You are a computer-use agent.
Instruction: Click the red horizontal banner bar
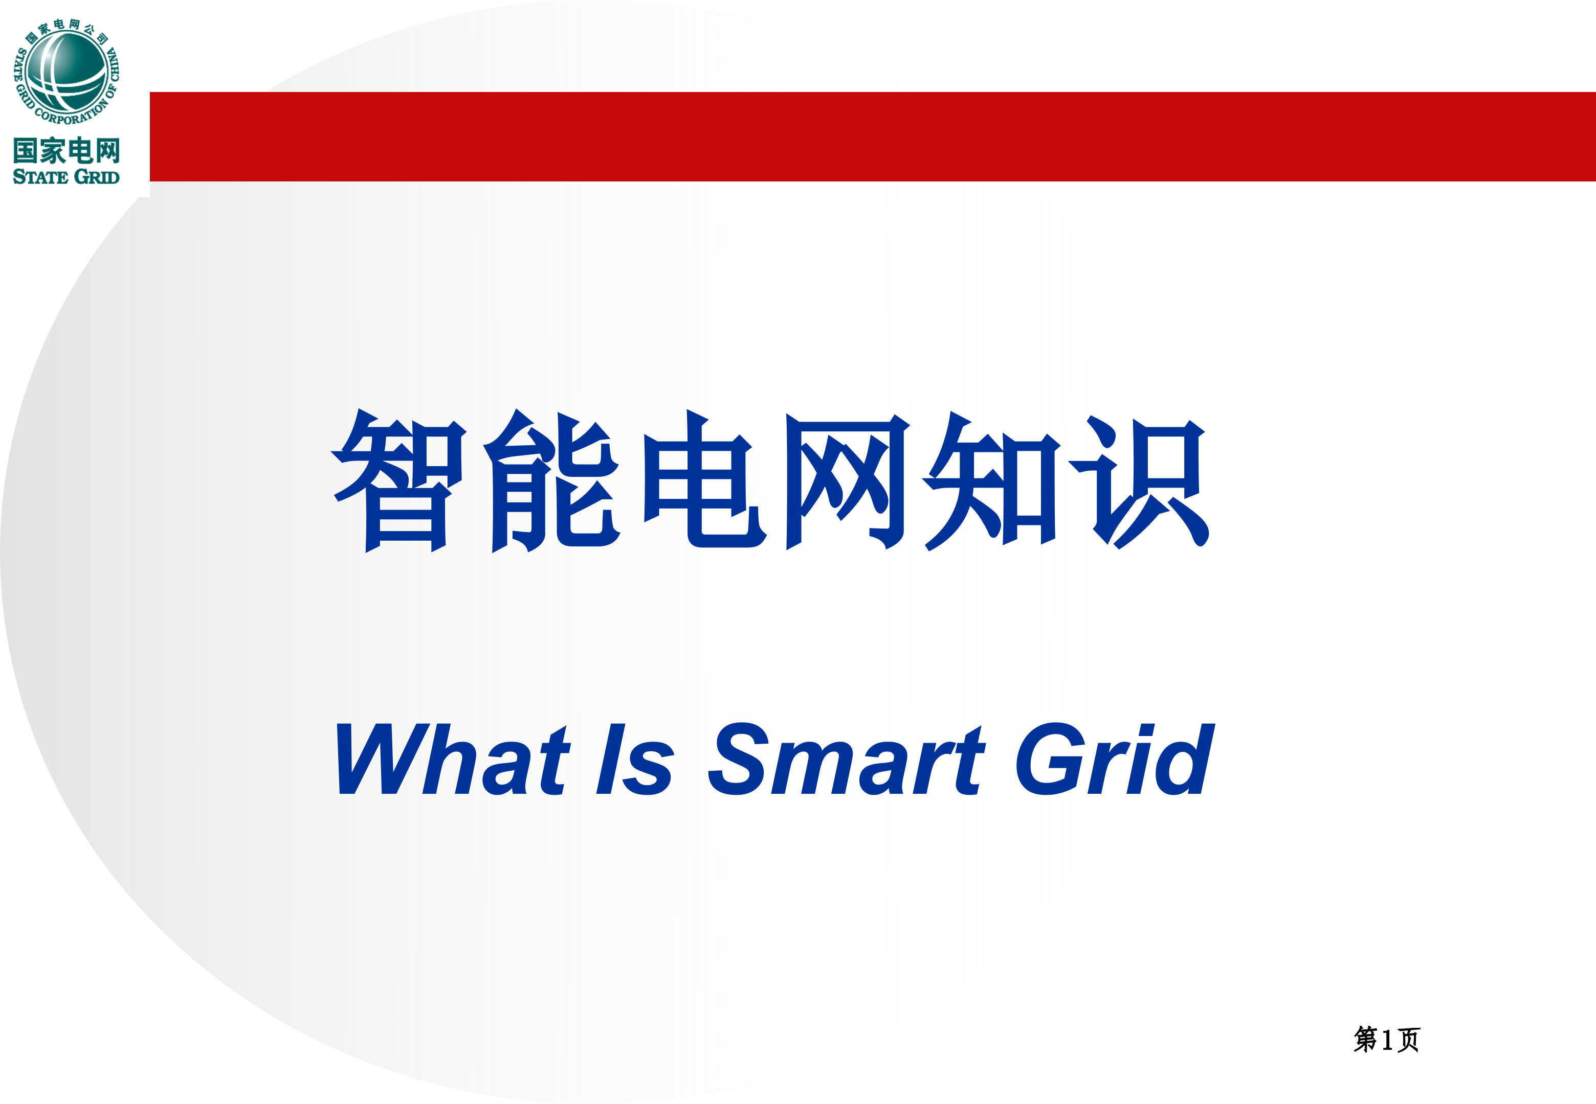[x=872, y=136]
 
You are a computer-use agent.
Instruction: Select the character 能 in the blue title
[x=551, y=481]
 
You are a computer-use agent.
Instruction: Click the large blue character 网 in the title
[x=846, y=481]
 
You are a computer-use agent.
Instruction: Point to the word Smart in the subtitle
[x=846, y=759]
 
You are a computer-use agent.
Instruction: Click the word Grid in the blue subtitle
[x=1114, y=759]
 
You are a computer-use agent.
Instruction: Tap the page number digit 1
[x=1386, y=1040]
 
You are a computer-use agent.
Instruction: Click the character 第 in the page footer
[x=1365, y=1040]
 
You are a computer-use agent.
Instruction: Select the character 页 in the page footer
[x=1408, y=1040]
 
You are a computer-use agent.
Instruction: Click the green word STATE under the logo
[x=40, y=177]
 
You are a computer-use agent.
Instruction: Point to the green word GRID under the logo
[x=96, y=177]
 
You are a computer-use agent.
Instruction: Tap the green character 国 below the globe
[x=26, y=151]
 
